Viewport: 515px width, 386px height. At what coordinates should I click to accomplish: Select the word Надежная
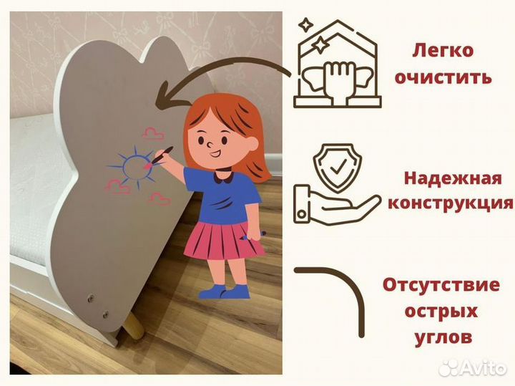450,178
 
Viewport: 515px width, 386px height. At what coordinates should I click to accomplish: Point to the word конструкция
450,203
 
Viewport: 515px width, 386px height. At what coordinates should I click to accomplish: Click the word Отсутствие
441,285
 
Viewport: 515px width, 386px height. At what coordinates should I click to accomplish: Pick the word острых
441,311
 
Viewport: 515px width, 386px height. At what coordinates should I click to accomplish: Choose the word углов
441,336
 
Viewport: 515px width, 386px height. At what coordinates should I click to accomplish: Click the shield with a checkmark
333,165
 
